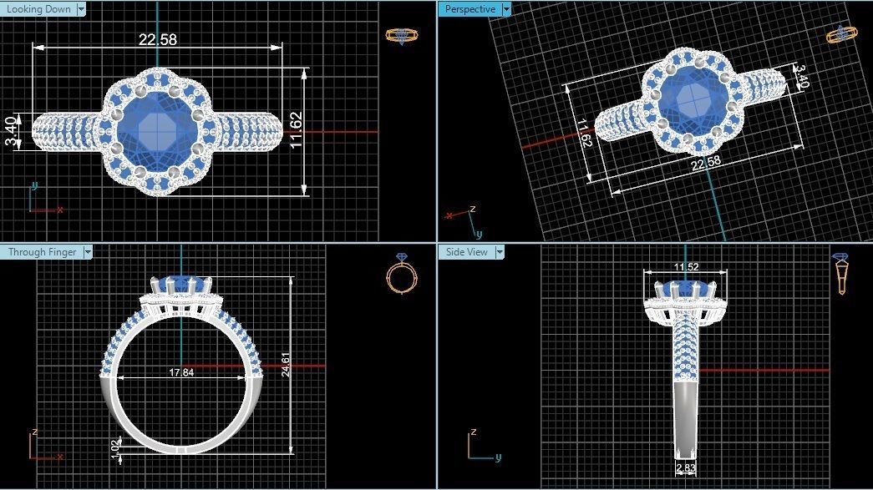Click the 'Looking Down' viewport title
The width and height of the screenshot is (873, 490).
(38, 9)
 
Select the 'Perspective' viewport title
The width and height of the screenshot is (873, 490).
(469, 9)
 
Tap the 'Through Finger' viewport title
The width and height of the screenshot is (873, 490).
(42, 252)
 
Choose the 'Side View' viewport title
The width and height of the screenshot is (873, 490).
(466, 252)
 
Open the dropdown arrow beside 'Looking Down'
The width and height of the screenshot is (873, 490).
(81, 9)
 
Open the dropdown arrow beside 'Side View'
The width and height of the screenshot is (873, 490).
(500, 252)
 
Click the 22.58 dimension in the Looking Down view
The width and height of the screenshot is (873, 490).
(158, 39)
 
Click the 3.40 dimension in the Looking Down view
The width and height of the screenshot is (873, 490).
(10, 131)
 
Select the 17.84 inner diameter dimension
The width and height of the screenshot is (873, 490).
(181, 372)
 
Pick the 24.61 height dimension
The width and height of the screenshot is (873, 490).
(287, 365)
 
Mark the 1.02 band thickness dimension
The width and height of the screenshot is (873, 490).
(115, 447)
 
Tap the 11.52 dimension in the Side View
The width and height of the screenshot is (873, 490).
(686, 267)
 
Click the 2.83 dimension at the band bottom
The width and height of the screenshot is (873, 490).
(685, 469)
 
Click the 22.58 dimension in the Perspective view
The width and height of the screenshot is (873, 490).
(705, 162)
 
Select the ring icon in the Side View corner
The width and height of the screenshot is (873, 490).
(840, 274)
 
